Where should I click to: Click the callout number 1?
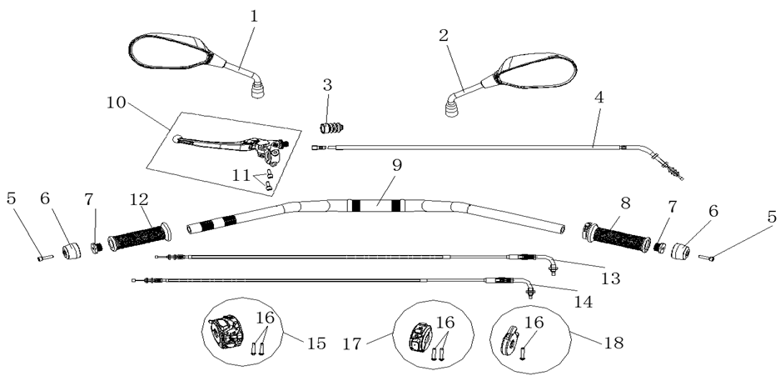254,16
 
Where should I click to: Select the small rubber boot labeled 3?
334,127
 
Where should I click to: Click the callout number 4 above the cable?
599,97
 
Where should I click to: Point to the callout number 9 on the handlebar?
397,165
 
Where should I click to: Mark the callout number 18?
612,342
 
